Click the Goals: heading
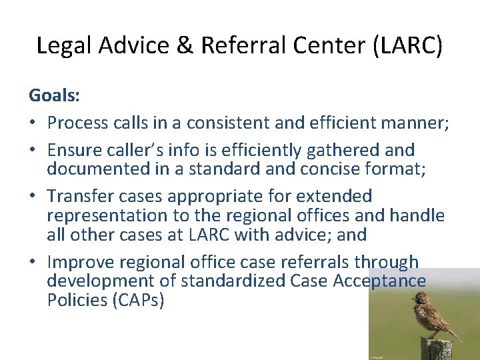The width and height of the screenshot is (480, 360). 54,95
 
